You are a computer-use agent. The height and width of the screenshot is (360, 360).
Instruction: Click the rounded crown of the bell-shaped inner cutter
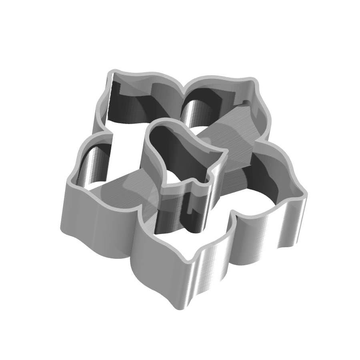pyautogui.click(x=162, y=124)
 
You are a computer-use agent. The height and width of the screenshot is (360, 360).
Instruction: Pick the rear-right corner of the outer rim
pyautogui.click(x=253, y=80)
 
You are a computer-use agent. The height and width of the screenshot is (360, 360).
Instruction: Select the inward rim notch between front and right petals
pyautogui.click(x=232, y=218)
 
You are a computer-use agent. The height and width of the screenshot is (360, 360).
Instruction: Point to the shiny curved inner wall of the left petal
pyautogui.click(x=94, y=164)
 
